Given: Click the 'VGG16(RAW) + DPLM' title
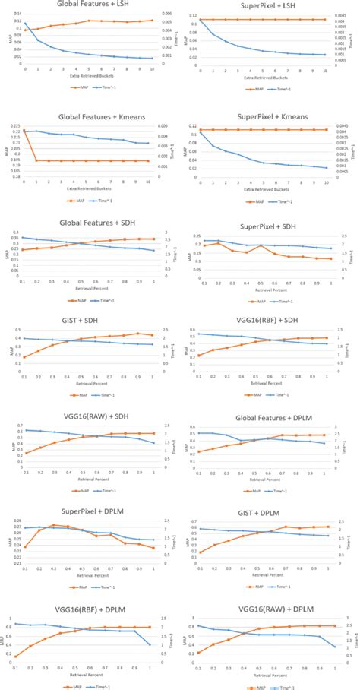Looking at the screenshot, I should pyautogui.click(x=267, y=587).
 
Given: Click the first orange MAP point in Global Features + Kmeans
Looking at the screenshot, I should pyautogui.click(x=25, y=131).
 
